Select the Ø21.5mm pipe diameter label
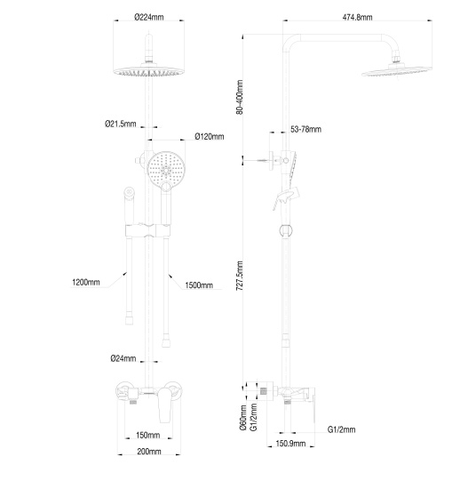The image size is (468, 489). pos(122,124)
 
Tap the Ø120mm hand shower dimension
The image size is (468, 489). pos(209,136)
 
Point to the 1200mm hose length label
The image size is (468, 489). pos(86,284)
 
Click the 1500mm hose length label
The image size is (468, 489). pos(199,285)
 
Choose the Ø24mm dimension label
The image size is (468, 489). pos(123,358)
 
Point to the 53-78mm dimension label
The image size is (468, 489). pos(305,130)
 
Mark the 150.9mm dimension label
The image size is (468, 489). pos(290,443)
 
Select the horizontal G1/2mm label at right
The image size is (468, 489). pos(341,429)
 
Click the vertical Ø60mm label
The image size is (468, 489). pos(242,418)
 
